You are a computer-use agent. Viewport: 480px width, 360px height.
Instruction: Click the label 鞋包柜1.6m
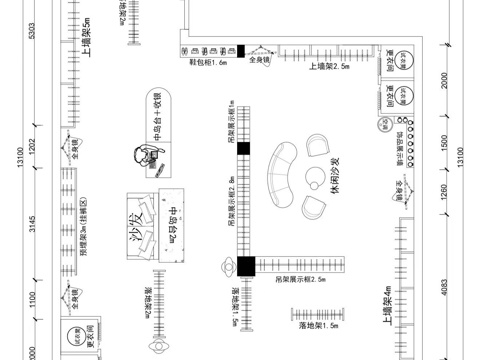click(x=209, y=61)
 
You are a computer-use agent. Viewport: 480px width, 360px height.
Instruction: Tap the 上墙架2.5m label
click(x=328, y=66)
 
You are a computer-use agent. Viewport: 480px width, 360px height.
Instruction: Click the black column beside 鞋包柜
click(x=240, y=50)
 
